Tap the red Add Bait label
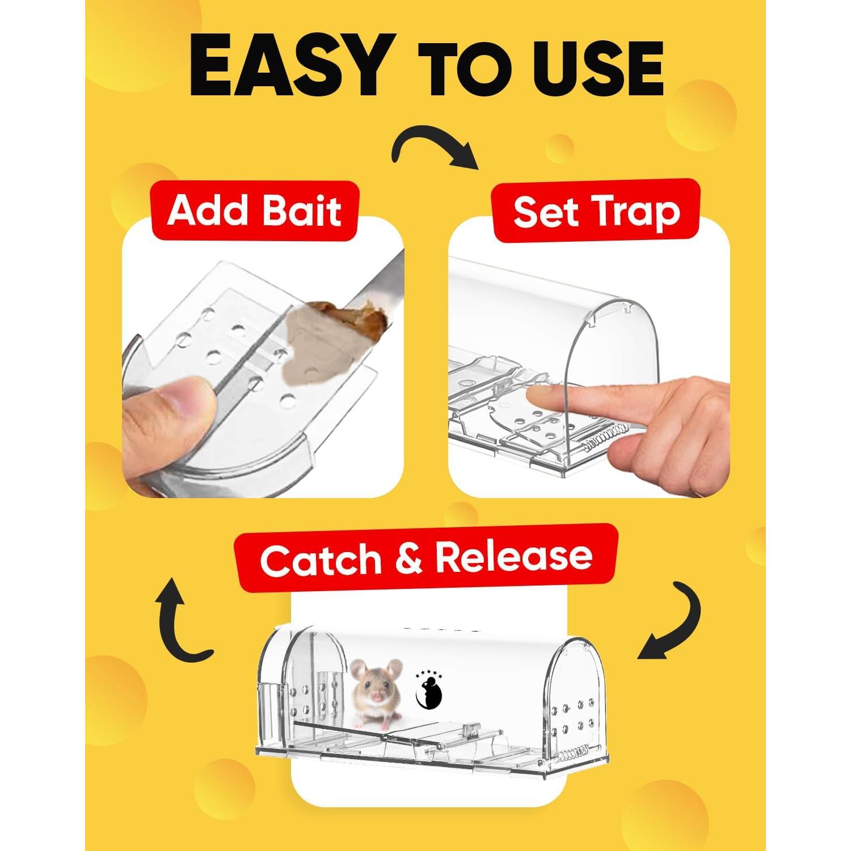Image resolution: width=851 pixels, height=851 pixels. coord(254,211)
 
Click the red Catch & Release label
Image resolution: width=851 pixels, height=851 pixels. coord(426,558)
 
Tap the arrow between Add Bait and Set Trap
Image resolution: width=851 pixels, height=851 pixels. coord(435,148)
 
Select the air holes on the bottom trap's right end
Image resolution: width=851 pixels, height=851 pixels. coord(578,715)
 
